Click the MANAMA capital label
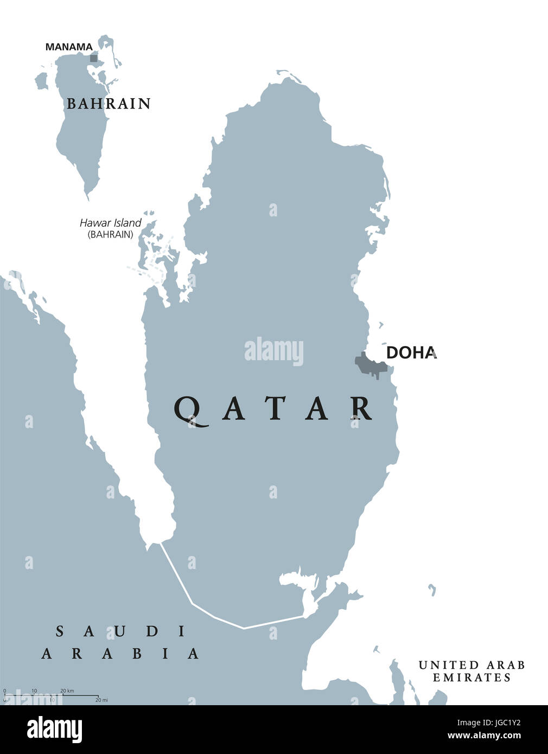pyautogui.click(x=69, y=47)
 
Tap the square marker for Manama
pyautogui.click(x=94, y=57)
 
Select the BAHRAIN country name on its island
pyautogui.click(x=109, y=104)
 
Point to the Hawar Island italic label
pyautogui.click(x=110, y=223)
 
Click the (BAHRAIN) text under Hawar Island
pyautogui.click(x=110, y=234)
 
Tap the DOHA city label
pyautogui.click(x=411, y=353)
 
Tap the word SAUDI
pyautogui.click(x=121, y=631)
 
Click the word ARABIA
pyautogui.click(x=120, y=654)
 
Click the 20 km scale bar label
pyautogui.click(x=67, y=691)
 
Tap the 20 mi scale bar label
pyautogui.click(x=101, y=700)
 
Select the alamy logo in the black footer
pyautogui.click(x=55, y=730)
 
